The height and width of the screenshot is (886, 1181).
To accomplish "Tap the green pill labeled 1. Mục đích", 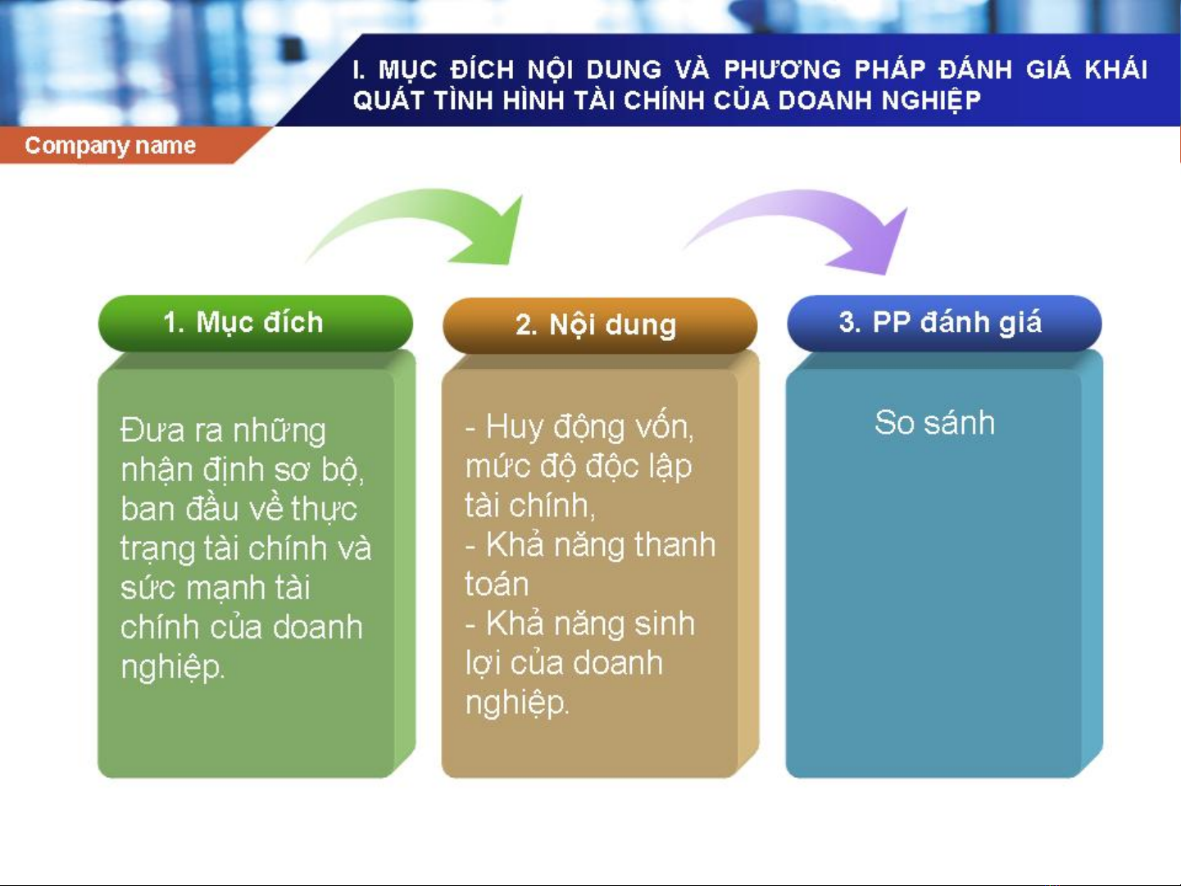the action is [x=256, y=323].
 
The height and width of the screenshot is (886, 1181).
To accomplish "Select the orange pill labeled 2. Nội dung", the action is [x=600, y=325].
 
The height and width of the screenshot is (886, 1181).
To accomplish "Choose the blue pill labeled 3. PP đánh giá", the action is [x=944, y=323].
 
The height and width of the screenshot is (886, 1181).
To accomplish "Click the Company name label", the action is [x=111, y=145].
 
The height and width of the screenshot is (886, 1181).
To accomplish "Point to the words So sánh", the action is [x=934, y=422].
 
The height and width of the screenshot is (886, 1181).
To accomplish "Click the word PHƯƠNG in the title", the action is [x=783, y=70].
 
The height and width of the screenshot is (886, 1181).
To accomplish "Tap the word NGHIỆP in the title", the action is [x=931, y=101].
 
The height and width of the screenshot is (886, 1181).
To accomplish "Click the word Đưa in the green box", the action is [x=152, y=430].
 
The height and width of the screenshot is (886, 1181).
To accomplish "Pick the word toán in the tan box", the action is [x=497, y=584].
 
